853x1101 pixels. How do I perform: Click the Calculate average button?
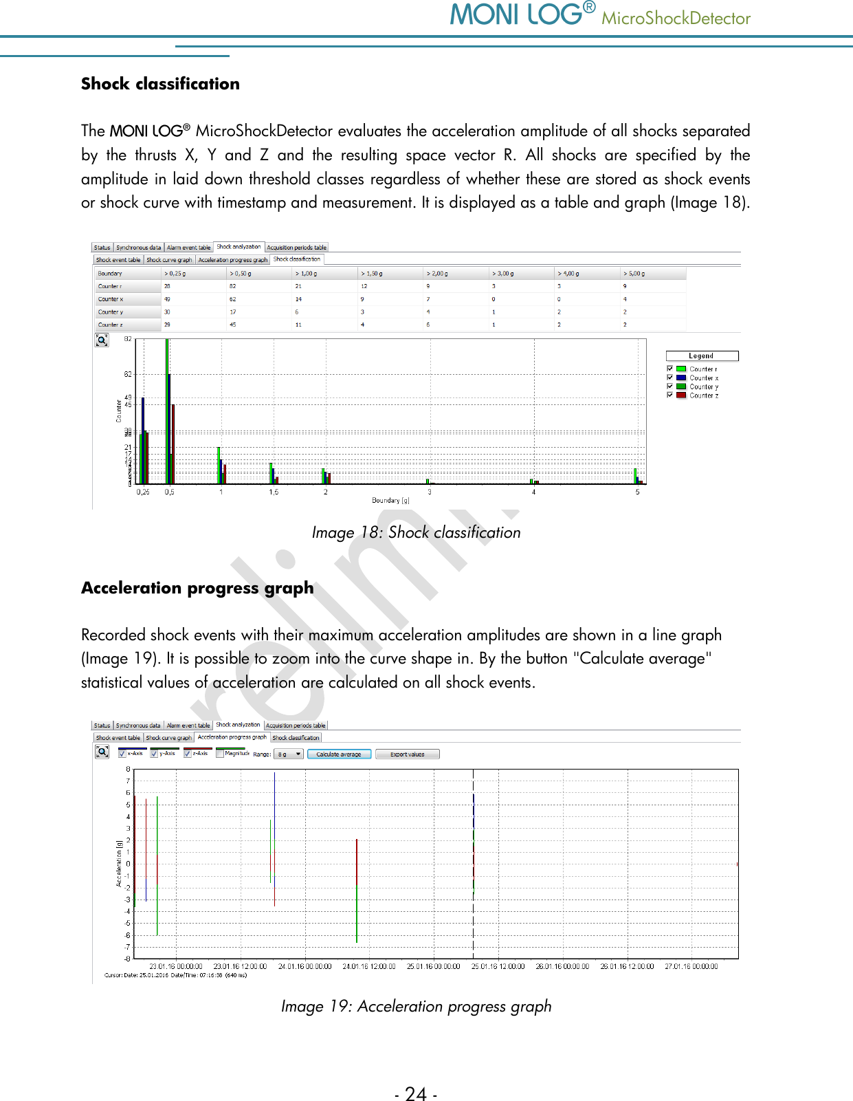click(339, 754)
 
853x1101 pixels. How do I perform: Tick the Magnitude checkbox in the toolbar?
click(221, 754)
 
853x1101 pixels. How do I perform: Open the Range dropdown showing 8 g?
click(289, 754)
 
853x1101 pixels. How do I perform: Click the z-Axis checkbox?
click(188, 754)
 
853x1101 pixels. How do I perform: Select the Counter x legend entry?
click(703, 378)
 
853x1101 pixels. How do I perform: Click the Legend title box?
click(702, 356)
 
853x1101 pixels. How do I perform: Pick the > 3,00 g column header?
click(504, 273)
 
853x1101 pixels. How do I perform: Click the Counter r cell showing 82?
click(233, 286)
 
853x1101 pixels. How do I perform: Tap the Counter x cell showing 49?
click(167, 299)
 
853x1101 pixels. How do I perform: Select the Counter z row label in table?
click(111, 325)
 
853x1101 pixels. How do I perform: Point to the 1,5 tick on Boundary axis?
click(274, 492)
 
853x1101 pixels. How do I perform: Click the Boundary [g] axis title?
click(390, 501)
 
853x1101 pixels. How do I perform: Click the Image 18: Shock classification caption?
click(416, 532)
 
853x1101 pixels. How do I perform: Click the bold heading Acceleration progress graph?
click(197, 588)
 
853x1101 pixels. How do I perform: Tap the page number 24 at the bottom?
click(416, 1093)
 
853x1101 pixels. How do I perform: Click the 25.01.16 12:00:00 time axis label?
click(498, 966)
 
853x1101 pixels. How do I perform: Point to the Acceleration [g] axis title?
click(119, 863)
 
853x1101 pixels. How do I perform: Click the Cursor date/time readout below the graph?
click(175, 975)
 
